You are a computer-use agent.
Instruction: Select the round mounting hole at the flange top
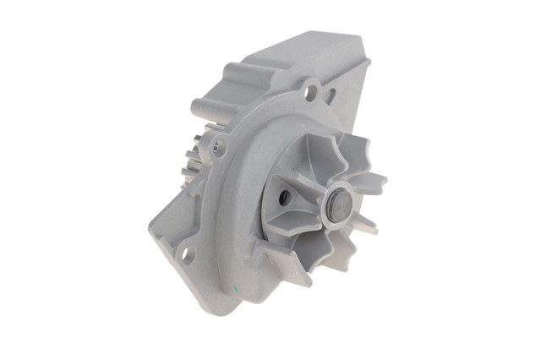pyautogui.click(x=312, y=85)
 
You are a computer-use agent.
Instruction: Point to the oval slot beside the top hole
pyautogui.click(x=330, y=95)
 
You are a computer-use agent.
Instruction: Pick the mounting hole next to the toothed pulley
pyautogui.click(x=219, y=150)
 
